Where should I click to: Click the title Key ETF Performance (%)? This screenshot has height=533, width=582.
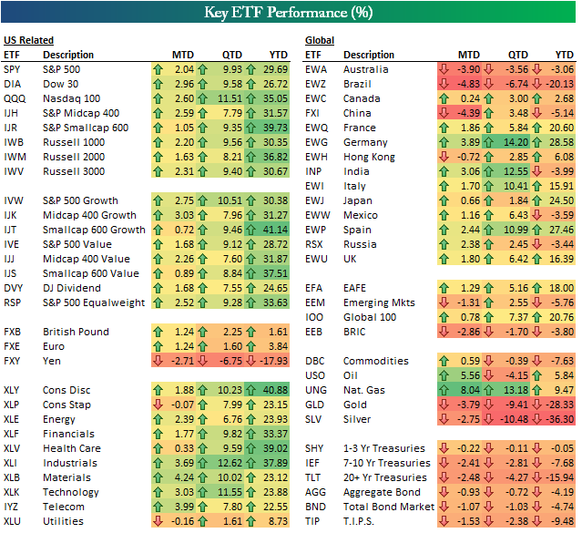291,13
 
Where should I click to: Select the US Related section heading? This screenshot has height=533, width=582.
28,41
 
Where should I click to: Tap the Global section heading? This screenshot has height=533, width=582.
320,41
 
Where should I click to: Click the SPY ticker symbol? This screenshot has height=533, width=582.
14,69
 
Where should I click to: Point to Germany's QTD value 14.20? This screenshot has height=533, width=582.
516,142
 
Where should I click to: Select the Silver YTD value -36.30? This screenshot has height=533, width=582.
559,419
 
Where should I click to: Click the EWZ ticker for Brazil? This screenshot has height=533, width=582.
316,84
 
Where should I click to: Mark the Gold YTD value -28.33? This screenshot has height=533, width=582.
559,405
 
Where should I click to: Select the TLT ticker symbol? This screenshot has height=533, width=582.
314,477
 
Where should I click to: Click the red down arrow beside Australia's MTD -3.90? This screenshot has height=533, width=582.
444,69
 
